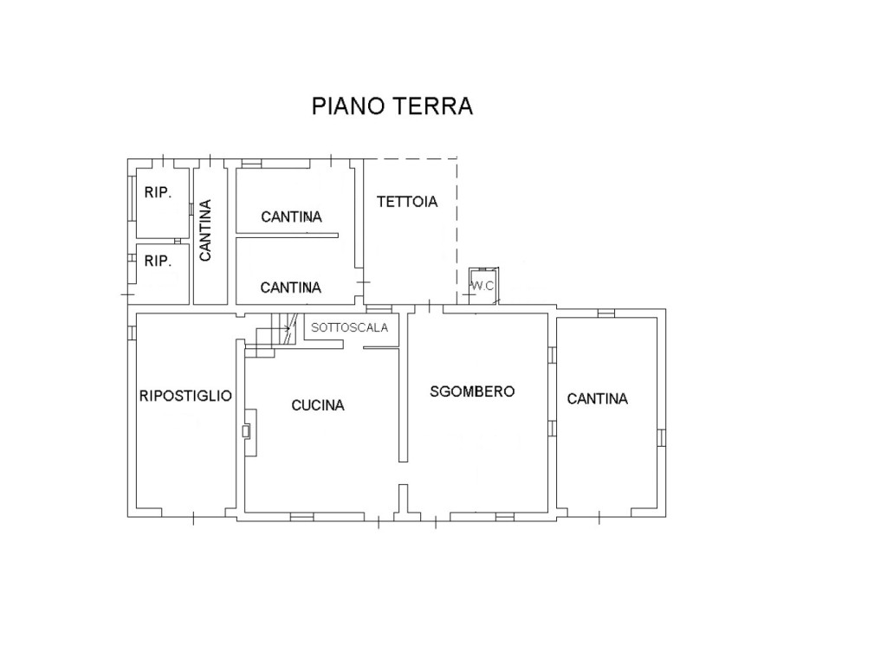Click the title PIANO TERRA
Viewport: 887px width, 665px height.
[392, 107]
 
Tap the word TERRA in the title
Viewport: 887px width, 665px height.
[433, 107]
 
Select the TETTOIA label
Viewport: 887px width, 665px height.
[407, 201]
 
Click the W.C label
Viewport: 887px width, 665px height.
[482, 286]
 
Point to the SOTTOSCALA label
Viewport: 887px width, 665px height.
[350, 327]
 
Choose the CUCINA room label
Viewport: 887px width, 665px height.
[318, 405]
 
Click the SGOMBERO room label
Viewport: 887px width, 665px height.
[472, 391]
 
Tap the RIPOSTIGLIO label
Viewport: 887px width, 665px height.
[185, 396]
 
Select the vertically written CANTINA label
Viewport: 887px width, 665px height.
[205, 230]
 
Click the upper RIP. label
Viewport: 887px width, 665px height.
[158, 192]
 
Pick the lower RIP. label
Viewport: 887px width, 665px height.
[158, 261]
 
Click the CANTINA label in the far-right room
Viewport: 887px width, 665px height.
[598, 398]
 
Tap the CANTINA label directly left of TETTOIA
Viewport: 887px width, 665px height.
[291, 216]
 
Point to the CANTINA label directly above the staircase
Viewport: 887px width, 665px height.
[291, 287]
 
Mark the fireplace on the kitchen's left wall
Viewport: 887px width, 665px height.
[249, 432]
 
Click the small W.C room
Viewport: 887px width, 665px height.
[483, 285]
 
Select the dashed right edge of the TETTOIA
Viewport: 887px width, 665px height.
[457, 232]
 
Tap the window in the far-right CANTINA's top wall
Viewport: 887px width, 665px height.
[606, 313]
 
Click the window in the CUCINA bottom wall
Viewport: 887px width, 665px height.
[302, 517]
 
